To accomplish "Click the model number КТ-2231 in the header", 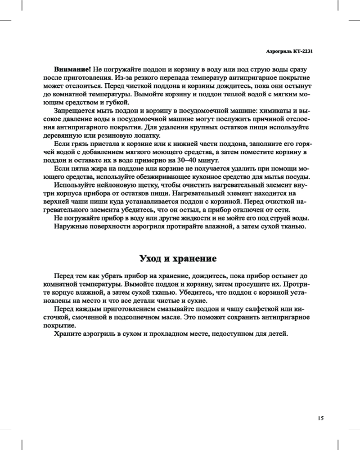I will [303, 51].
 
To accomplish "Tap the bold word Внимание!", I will [72, 69].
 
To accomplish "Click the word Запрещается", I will [75, 111].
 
